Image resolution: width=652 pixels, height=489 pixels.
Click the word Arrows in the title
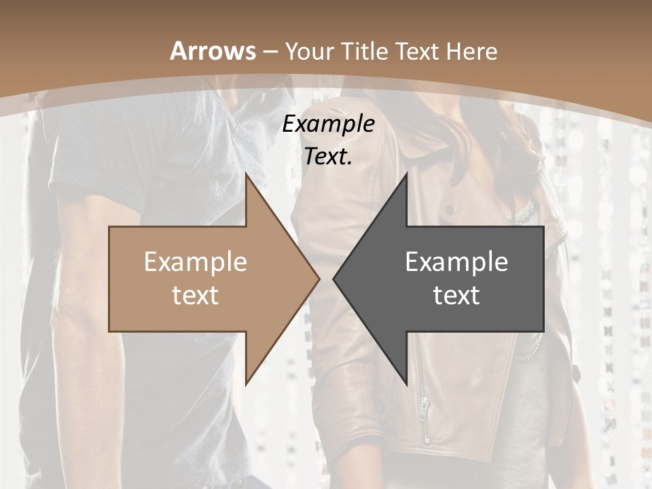point(213,51)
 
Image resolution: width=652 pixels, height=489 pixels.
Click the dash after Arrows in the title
point(270,52)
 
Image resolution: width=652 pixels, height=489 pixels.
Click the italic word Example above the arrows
point(329,124)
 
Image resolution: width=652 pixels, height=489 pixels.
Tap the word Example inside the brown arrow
point(196,262)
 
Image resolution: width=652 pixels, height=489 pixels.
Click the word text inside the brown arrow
point(196,295)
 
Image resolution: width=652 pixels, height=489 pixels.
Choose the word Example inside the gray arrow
point(456,262)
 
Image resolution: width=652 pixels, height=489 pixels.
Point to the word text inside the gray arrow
point(456,295)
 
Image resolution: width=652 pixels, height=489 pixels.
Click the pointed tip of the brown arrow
point(319,278)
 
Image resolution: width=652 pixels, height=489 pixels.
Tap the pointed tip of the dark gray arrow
point(334,278)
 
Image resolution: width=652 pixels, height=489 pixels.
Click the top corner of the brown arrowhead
point(246,175)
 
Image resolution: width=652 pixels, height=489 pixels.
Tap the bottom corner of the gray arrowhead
point(406,383)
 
